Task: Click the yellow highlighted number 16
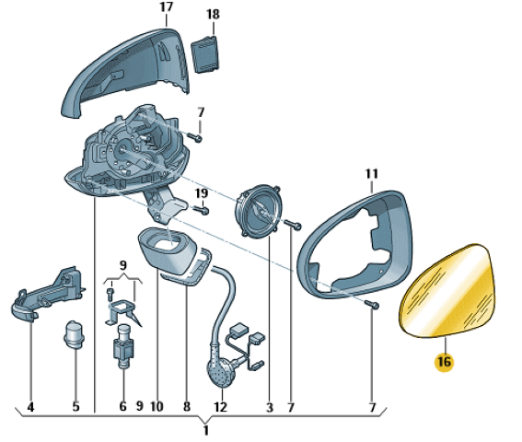(x=444, y=361)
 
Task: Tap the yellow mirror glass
(x=447, y=290)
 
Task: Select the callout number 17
(x=166, y=7)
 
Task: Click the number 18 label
(x=213, y=15)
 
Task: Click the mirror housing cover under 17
(x=125, y=72)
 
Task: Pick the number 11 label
(x=372, y=173)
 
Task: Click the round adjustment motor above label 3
(x=259, y=211)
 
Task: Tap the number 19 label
(x=201, y=193)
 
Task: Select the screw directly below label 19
(x=202, y=210)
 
